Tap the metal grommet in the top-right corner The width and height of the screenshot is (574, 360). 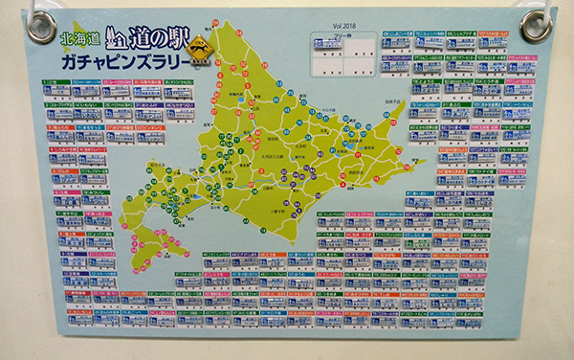pos(537,25)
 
